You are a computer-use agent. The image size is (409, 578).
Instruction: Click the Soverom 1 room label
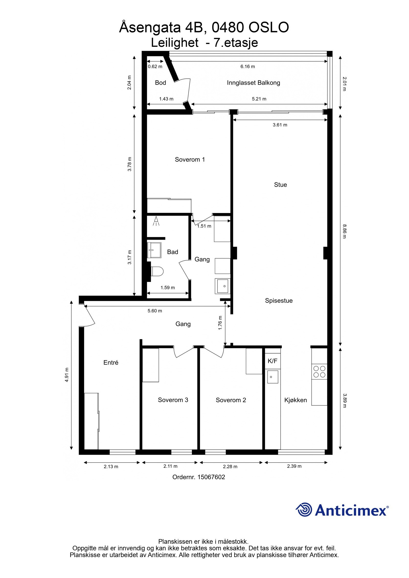(190, 160)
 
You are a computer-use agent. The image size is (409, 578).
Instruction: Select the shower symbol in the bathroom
(156, 221)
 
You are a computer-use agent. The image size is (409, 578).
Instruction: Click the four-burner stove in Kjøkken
(319, 372)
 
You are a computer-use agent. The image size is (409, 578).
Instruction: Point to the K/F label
(272, 361)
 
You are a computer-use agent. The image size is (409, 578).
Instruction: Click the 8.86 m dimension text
(344, 231)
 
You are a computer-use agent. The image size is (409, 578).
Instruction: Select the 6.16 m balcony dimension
(247, 67)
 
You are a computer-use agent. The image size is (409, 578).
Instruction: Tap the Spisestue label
(279, 301)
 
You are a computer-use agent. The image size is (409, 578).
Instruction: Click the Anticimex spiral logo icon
(304, 510)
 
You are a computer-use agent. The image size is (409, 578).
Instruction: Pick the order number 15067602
(211, 477)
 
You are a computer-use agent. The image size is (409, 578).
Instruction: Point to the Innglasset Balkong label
(253, 83)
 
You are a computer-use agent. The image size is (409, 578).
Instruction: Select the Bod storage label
(160, 83)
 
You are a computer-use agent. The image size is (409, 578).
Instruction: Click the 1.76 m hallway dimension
(220, 323)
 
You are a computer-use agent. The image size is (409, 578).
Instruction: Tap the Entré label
(111, 362)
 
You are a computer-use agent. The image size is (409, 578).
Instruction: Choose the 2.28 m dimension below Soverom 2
(230, 467)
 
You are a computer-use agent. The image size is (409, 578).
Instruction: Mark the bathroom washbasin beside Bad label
(154, 250)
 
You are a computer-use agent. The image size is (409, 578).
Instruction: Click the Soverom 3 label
(173, 400)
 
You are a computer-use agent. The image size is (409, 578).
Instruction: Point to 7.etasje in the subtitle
(236, 43)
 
